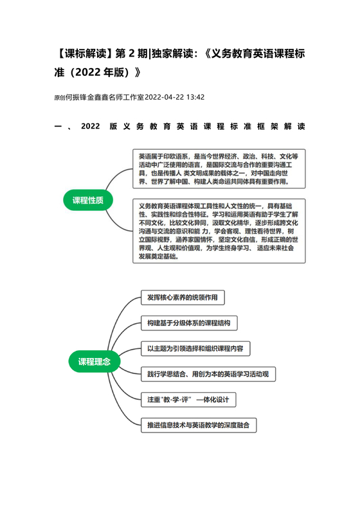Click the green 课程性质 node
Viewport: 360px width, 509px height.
[89, 200]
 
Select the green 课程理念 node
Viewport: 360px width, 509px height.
[94, 361]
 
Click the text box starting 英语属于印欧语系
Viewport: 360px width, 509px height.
[219, 168]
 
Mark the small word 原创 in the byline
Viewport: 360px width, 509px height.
[60, 98]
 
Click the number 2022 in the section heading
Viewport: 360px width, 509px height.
[91, 127]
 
